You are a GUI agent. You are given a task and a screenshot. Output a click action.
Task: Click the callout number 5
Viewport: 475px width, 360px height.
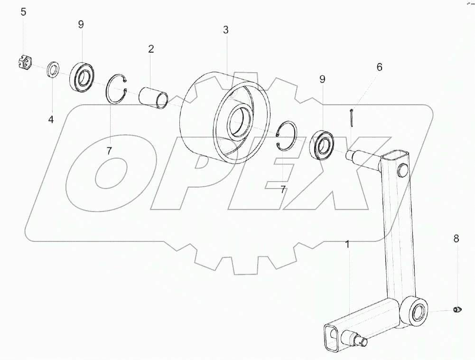pyautogui.click(x=23, y=12)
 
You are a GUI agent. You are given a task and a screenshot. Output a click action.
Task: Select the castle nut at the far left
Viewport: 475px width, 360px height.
pyautogui.click(x=24, y=63)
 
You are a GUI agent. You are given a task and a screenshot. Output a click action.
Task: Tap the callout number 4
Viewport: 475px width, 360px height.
pyautogui.click(x=51, y=120)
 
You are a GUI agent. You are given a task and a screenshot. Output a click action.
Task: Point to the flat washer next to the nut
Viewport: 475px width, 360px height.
pyautogui.click(x=54, y=70)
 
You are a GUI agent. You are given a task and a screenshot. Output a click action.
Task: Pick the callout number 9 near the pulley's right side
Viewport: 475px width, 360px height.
pyautogui.click(x=322, y=79)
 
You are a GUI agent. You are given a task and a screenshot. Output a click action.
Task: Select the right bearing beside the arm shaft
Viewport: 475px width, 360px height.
pyautogui.click(x=321, y=144)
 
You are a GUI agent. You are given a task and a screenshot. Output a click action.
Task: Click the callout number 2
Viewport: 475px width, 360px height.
pyautogui.click(x=151, y=49)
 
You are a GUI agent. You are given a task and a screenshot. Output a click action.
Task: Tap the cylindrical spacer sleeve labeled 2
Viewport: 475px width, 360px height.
pyautogui.click(x=154, y=97)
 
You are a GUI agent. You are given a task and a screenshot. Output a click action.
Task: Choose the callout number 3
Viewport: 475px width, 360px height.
pyautogui.click(x=225, y=30)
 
